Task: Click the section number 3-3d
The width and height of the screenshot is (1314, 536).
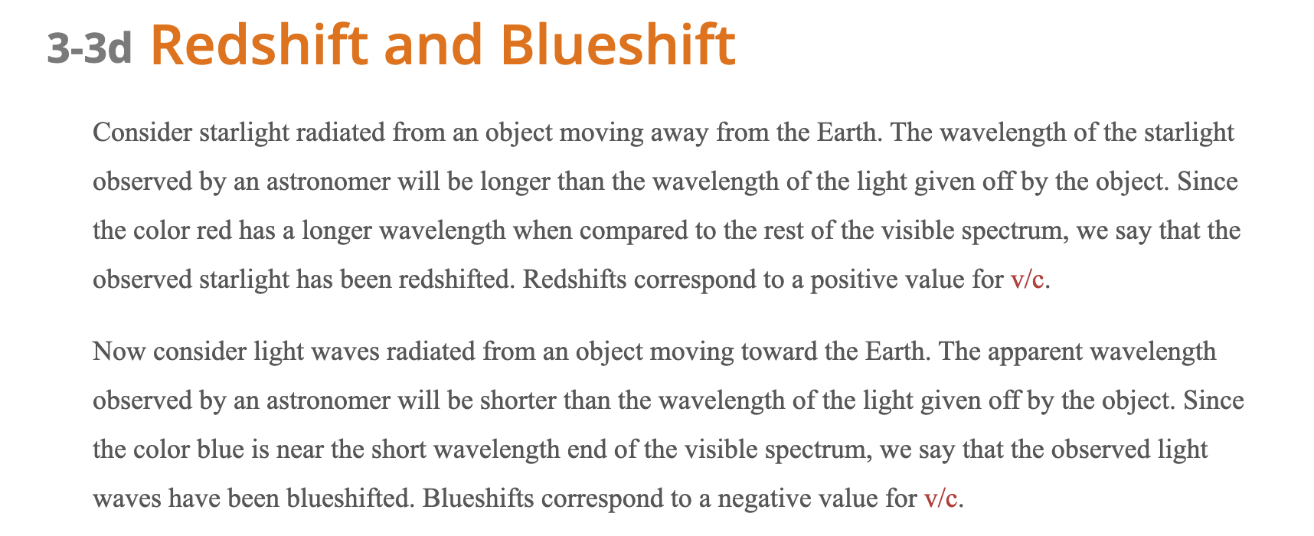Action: coord(89,49)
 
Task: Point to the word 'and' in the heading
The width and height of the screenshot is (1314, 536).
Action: coord(433,44)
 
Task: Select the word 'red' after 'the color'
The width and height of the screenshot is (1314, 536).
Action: coord(215,230)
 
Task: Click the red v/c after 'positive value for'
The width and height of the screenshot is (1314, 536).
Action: coord(1027,279)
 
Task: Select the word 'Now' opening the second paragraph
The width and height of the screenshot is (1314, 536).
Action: coord(119,351)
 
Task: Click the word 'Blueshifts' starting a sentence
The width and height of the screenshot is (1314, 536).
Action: coord(478,498)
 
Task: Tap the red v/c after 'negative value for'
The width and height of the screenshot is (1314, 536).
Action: coord(940,498)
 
